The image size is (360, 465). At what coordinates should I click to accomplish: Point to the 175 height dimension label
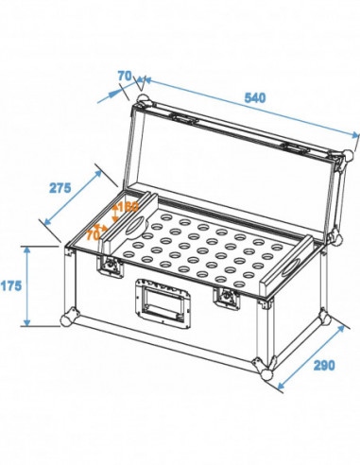(x=12, y=283)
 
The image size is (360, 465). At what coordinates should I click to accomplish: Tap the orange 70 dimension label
(x=93, y=231)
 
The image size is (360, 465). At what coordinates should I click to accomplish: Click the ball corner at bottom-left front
(x=67, y=319)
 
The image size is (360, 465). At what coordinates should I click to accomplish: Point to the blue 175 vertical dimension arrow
(x=29, y=284)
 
